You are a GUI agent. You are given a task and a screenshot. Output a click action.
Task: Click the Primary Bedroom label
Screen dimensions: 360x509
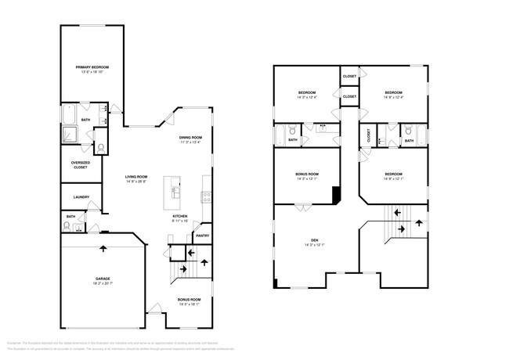coord(92,67)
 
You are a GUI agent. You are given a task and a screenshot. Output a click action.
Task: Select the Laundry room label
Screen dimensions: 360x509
coord(81,197)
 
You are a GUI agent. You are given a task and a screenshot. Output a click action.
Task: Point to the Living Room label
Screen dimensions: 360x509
coord(136,177)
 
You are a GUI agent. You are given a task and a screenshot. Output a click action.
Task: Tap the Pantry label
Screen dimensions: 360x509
coord(201,236)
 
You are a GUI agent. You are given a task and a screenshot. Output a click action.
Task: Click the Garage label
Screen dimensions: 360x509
coord(103,278)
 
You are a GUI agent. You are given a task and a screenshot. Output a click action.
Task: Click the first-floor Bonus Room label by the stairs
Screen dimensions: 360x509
coord(190,300)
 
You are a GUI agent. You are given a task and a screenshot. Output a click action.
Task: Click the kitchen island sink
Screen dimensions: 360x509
coord(176,190)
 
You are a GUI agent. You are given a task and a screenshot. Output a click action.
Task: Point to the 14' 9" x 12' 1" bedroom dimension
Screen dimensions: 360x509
coord(393,179)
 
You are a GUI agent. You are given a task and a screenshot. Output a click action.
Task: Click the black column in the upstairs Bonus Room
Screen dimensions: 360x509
coord(336,193)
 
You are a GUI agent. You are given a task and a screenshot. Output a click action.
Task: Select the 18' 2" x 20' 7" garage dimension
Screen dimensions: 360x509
coord(103,283)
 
